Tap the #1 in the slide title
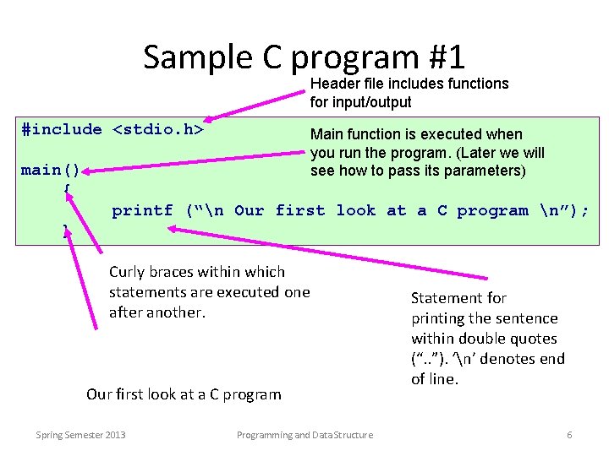(447, 57)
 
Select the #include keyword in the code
(61, 129)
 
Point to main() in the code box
(50, 170)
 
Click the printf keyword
(142, 210)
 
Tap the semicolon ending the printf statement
(585, 210)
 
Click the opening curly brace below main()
(67, 188)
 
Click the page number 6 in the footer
(569, 435)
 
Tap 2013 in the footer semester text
(115, 435)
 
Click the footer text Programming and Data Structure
(304, 435)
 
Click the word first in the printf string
(299, 210)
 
